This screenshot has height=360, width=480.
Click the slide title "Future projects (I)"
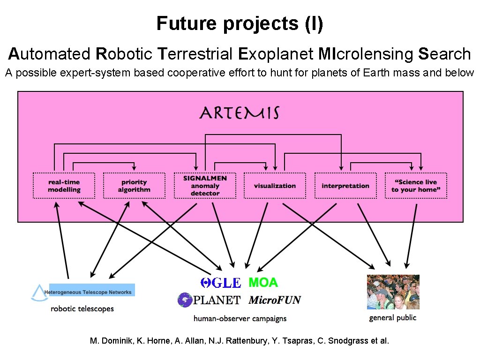click(x=240, y=23)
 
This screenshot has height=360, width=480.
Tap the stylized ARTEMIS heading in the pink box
click(x=240, y=113)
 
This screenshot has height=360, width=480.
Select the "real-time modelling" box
click(x=64, y=186)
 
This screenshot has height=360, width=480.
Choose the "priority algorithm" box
click(x=134, y=186)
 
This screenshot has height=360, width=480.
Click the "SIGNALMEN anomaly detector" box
click(x=205, y=186)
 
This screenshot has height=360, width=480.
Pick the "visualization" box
click(x=275, y=186)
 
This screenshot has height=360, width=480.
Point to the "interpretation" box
click(x=345, y=186)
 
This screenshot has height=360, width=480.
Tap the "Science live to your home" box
click(x=416, y=186)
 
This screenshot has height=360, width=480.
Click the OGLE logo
click(x=220, y=283)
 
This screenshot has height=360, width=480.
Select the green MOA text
click(x=263, y=283)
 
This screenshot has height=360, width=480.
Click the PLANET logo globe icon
click(x=185, y=300)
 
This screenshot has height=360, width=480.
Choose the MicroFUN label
click(x=275, y=300)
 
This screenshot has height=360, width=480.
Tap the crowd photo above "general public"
click(x=393, y=292)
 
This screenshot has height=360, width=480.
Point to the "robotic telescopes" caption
click(x=82, y=308)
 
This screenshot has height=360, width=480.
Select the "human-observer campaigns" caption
click(x=240, y=318)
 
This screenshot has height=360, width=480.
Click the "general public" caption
click(x=393, y=318)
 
